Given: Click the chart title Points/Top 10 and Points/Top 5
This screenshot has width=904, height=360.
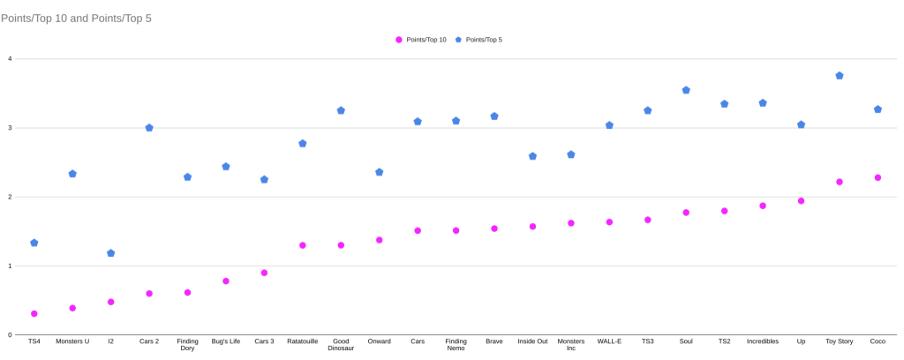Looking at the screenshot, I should (76, 18).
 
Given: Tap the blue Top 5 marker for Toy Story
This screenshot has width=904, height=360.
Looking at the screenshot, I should (840, 76).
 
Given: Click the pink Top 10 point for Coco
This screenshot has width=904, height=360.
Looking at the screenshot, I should (878, 177).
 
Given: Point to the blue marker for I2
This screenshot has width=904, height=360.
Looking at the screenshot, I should (110, 253).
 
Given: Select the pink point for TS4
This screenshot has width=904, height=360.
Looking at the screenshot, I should (34, 313).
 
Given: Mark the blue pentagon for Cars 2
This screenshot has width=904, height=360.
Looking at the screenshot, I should (149, 128).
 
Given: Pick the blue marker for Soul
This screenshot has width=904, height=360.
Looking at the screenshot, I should (686, 90).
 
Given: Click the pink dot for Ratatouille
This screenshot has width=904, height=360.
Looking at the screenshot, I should (302, 245).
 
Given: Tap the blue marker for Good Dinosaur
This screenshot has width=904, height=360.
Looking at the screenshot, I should (341, 110).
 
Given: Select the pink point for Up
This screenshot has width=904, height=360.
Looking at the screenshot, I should (801, 201).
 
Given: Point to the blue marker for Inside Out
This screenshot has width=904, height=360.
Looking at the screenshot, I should (532, 156).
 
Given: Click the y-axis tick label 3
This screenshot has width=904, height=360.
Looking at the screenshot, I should (10, 128).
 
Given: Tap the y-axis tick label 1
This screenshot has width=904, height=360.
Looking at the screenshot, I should (10, 266).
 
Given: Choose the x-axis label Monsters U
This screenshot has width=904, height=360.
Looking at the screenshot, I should (72, 341).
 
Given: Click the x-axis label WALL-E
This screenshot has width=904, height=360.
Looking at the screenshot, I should (609, 341).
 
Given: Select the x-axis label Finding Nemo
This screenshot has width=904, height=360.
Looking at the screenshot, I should (456, 344).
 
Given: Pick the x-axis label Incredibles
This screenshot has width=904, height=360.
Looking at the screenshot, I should (763, 341).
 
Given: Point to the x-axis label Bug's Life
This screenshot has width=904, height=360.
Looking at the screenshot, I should (226, 341).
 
